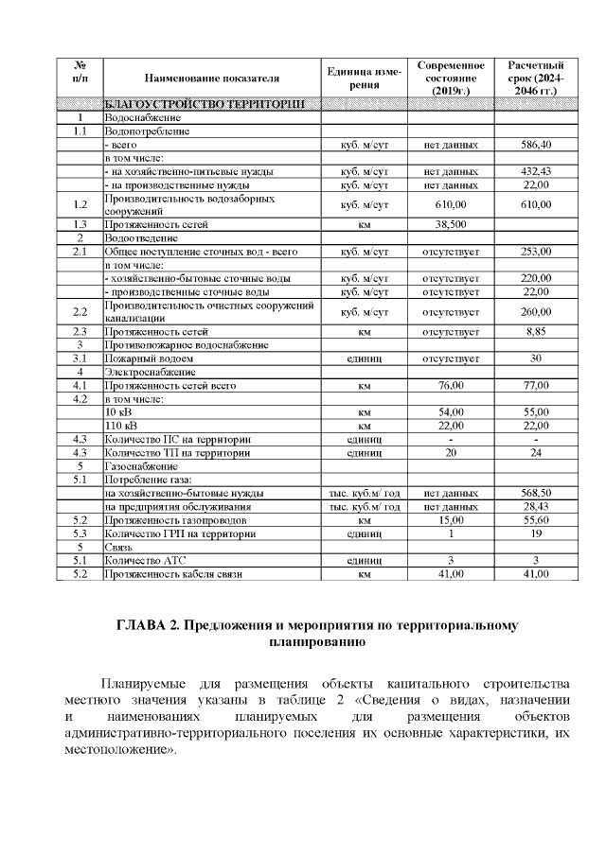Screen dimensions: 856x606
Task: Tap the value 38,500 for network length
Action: [x=452, y=224]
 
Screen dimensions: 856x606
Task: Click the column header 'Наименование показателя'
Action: [x=213, y=78]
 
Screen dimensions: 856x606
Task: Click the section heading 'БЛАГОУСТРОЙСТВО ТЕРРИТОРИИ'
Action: [x=204, y=103]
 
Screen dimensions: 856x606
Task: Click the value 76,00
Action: [x=452, y=386]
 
